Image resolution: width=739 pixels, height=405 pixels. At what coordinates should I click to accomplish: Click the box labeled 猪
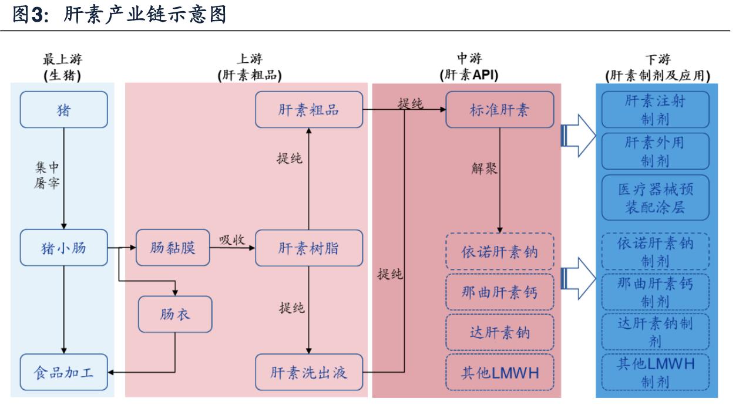pos(63,110)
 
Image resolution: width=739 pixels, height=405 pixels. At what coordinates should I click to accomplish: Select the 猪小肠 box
pos(63,249)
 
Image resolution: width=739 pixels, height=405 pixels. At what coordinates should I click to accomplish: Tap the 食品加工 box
pos(63,372)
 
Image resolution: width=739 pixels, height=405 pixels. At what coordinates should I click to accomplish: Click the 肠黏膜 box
pos(173,249)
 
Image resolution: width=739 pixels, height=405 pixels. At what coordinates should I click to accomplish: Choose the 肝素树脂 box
pos(308,249)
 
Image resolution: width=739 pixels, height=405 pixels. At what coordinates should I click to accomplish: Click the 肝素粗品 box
pos(308,110)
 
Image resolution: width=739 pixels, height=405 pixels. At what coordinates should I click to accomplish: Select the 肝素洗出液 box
pos(308,372)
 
